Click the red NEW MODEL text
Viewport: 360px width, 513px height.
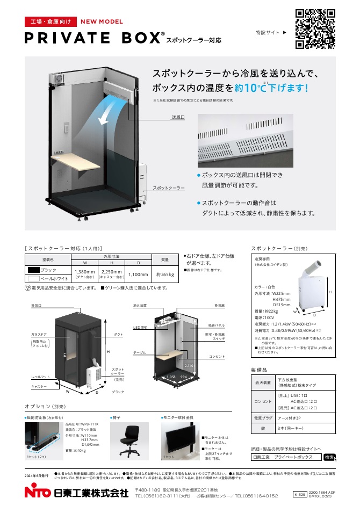pyautogui.click(x=102, y=22)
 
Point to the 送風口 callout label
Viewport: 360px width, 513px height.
pyautogui.click(x=178, y=117)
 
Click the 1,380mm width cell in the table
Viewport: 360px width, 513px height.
pyautogui.click(x=85, y=274)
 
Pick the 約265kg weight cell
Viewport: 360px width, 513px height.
pyautogui.click(x=165, y=274)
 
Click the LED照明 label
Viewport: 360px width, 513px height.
pyautogui.click(x=140, y=327)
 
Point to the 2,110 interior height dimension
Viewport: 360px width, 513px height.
pyautogui.click(x=189, y=365)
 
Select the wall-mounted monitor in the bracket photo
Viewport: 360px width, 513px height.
pyautogui.click(x=178, y=438)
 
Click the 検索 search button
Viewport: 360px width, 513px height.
pyautogui.click(x=329, y=457)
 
